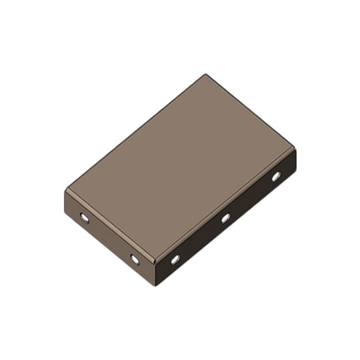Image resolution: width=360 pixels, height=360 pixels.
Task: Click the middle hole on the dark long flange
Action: click(x=225, y=218)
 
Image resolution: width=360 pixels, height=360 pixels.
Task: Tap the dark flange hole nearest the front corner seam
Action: click(x=175, y=259)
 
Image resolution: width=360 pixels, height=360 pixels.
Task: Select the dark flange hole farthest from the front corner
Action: click(x=276, y=176)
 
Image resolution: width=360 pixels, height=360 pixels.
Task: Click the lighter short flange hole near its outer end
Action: click(x=84, y=218)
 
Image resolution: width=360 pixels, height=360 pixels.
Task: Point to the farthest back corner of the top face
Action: click(x=206, y=74)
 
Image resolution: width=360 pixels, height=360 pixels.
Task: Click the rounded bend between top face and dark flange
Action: click(x=225, y=205)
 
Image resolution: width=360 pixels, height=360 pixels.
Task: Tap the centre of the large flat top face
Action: click(x=180, y=166)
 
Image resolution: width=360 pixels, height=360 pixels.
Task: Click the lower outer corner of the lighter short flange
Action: click(x=66, y=214)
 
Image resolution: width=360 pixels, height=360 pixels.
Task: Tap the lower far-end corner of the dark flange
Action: click(x=296, y=173)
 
